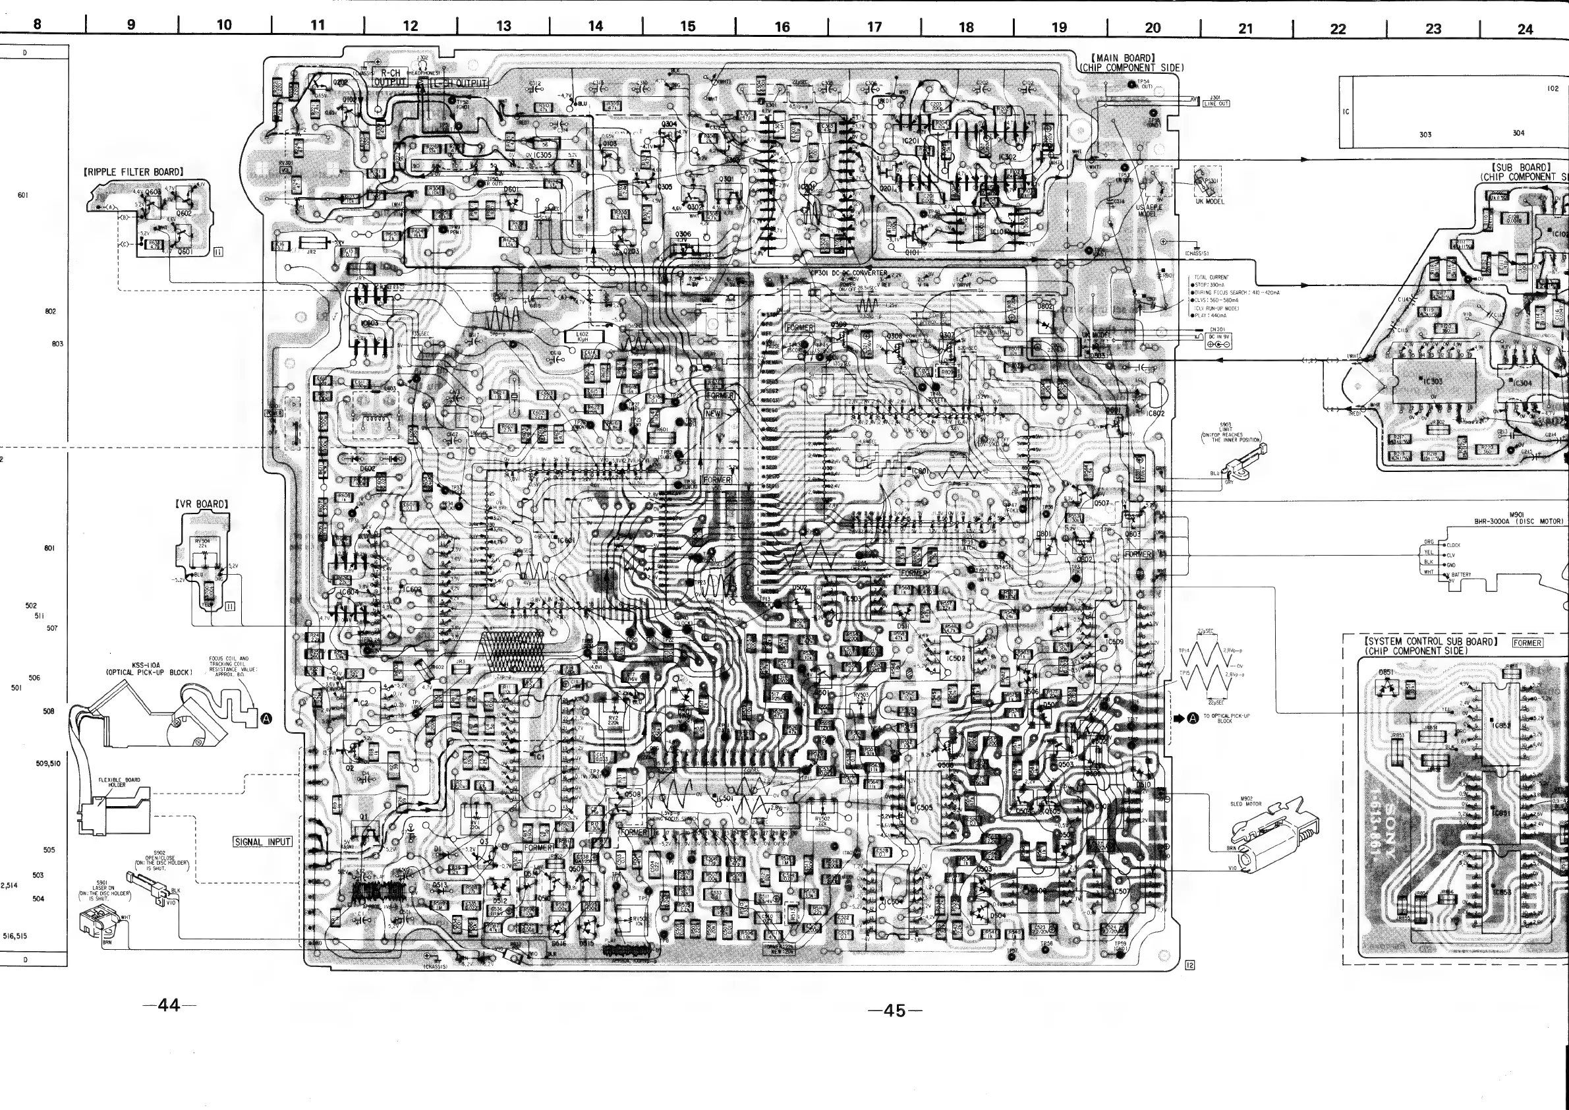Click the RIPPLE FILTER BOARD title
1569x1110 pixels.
(x=133, y=172)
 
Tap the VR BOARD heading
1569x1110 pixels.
(x=202, y=504)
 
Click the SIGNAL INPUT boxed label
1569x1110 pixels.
(x=262, y=841)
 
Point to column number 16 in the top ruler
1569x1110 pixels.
(x=782, y=27)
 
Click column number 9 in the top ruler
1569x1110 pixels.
(x=131, y=25)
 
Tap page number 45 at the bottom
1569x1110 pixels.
(x=894, y=1011)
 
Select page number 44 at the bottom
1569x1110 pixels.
(x=169, y=1005)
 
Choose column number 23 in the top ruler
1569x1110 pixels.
(x=1433, y=29)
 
